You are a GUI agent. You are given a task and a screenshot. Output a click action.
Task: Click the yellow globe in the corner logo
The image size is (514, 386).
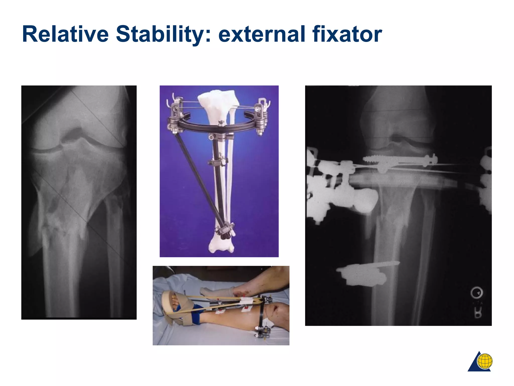[485, 361]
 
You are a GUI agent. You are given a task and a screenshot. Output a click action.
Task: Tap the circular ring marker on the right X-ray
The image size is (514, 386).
[476, 293]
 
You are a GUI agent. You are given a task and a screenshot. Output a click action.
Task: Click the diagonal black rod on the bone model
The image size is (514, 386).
[198, 176]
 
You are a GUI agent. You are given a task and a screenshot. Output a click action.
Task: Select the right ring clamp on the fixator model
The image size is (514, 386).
[261, 116]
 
